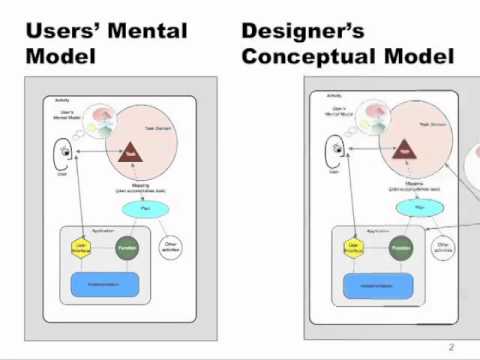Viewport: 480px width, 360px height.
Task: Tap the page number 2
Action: tap(451, 347)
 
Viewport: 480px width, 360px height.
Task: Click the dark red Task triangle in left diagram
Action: tap(129, 153)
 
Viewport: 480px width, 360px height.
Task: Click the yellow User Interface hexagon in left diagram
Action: tap(81, 246)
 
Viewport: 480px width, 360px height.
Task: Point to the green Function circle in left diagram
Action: tap(127, 246)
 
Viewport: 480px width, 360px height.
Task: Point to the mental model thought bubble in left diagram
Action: tap(102, 123)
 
